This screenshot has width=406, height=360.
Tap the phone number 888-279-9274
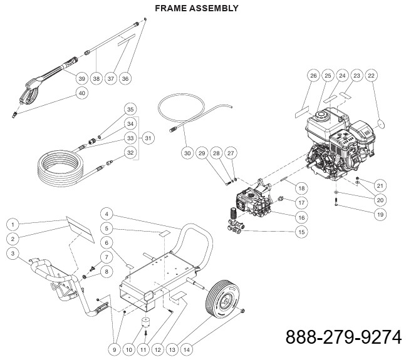[x=343, y=337]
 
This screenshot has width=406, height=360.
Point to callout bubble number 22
[x=371, y=76]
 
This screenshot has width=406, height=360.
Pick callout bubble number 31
[x=148, y=138]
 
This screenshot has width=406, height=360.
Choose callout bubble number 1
[x=12, y=224]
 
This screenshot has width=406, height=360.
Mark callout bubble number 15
[x=302, y=232]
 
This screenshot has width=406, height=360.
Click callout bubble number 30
[x=187, y=153]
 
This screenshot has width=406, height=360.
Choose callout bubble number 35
[x=130, y=108]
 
